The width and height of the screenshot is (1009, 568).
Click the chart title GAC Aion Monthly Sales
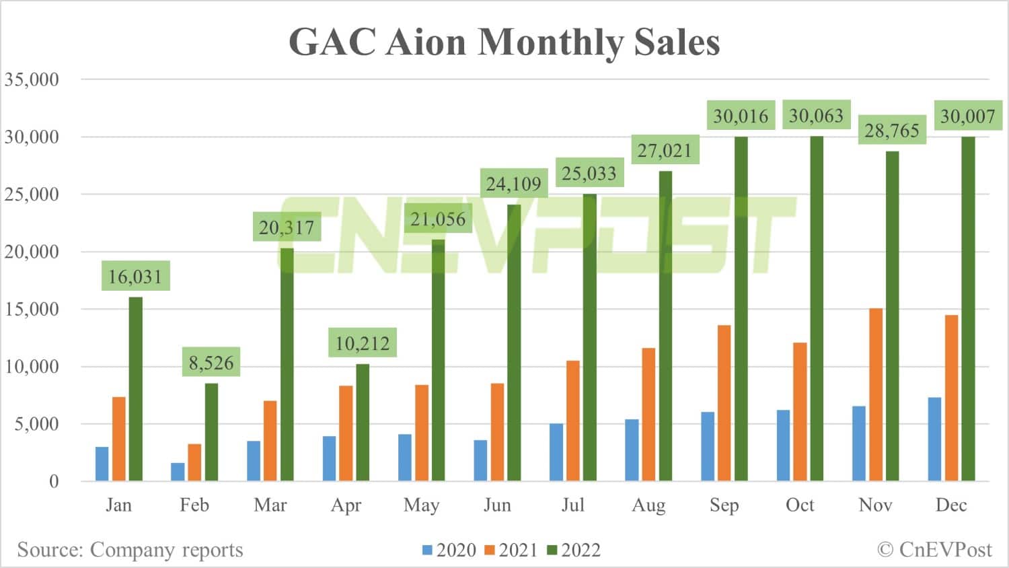504,42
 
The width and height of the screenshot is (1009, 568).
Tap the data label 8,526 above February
211,363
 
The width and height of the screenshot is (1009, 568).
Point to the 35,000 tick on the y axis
32,79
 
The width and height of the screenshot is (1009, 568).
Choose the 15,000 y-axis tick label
32,310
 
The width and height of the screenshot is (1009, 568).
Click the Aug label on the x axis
648,505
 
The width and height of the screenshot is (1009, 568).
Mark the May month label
421,505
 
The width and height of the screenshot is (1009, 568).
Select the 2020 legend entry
449,551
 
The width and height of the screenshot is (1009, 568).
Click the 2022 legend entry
574,551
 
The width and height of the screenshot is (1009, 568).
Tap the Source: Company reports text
130,550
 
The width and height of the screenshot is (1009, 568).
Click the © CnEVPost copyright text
934,550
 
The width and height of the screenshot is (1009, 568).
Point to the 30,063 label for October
816,116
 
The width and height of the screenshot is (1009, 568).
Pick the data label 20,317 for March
287,227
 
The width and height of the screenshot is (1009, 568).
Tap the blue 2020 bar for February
178,471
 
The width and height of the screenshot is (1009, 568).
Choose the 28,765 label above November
892,131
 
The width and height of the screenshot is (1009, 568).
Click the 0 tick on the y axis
54,482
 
